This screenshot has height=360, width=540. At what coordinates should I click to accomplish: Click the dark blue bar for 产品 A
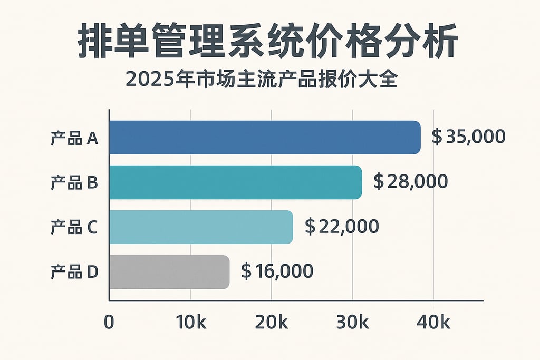tap(265, 138)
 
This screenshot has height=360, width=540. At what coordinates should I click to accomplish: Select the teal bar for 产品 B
tap(236, 182)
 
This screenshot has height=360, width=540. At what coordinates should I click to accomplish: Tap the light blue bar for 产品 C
tap(201, 227)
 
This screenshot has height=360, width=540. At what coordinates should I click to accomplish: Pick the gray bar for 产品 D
tap(169, 272)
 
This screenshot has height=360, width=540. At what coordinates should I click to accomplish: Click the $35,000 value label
tap(468, 137)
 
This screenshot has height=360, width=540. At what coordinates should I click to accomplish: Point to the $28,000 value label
tap(410, 181)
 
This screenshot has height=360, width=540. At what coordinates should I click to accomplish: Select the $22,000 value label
tap(342, 227)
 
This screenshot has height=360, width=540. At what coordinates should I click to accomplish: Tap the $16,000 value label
tap(277, 271)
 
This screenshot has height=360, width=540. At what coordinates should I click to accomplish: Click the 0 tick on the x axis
tap(109, 323)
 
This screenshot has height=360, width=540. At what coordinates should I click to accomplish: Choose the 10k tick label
tap(190, 323)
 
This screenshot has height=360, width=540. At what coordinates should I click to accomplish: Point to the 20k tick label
tap(271, 323)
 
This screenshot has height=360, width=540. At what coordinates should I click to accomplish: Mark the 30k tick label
tap(352, 323)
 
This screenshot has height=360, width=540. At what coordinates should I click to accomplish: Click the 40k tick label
tap(433, 323)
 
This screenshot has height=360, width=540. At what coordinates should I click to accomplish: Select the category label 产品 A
tap(74, 138)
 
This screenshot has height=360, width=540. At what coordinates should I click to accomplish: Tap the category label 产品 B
tap(74, 183)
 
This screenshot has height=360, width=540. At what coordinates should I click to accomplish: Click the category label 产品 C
tap(74, 228)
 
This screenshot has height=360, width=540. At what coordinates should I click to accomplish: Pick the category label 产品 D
tap(74, 273)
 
